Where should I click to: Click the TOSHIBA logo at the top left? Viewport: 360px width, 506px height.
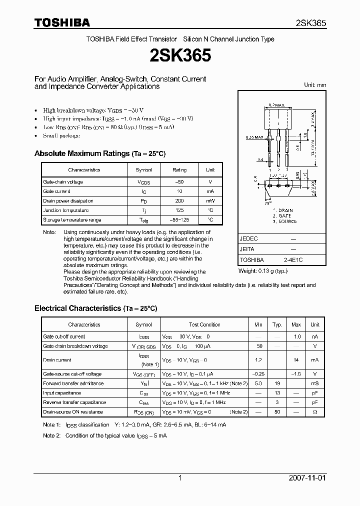pyautogui.click(x=62, y=22)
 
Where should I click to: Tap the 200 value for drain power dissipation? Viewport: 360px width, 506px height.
pyautogui.click(x=180, y=200)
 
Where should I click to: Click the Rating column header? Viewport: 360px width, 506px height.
pyautogui.click(x=179, y=170)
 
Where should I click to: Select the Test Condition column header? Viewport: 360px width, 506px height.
pyautogui.click(x=204, y=324)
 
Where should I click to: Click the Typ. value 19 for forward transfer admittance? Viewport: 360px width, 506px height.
pyautogui.click(x=277, y=383)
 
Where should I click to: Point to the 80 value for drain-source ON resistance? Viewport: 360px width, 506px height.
pyautogui.click(x=277, y=412)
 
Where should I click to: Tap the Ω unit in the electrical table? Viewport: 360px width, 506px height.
pyautogui.click(x=315, y=412)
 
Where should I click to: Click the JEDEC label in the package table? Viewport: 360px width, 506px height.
pyautogui.click(x=248, y=239)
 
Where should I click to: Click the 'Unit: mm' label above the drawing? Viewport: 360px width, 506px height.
pyautogui.click(x=315, y=85)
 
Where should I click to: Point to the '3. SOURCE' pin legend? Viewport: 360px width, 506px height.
pyautogui.click(x=284, y=221)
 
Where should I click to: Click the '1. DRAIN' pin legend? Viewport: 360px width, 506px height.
pyautogui.click(x=283, y=210)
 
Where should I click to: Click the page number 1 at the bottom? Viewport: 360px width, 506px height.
pyautogui.click(x=180, y=478)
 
